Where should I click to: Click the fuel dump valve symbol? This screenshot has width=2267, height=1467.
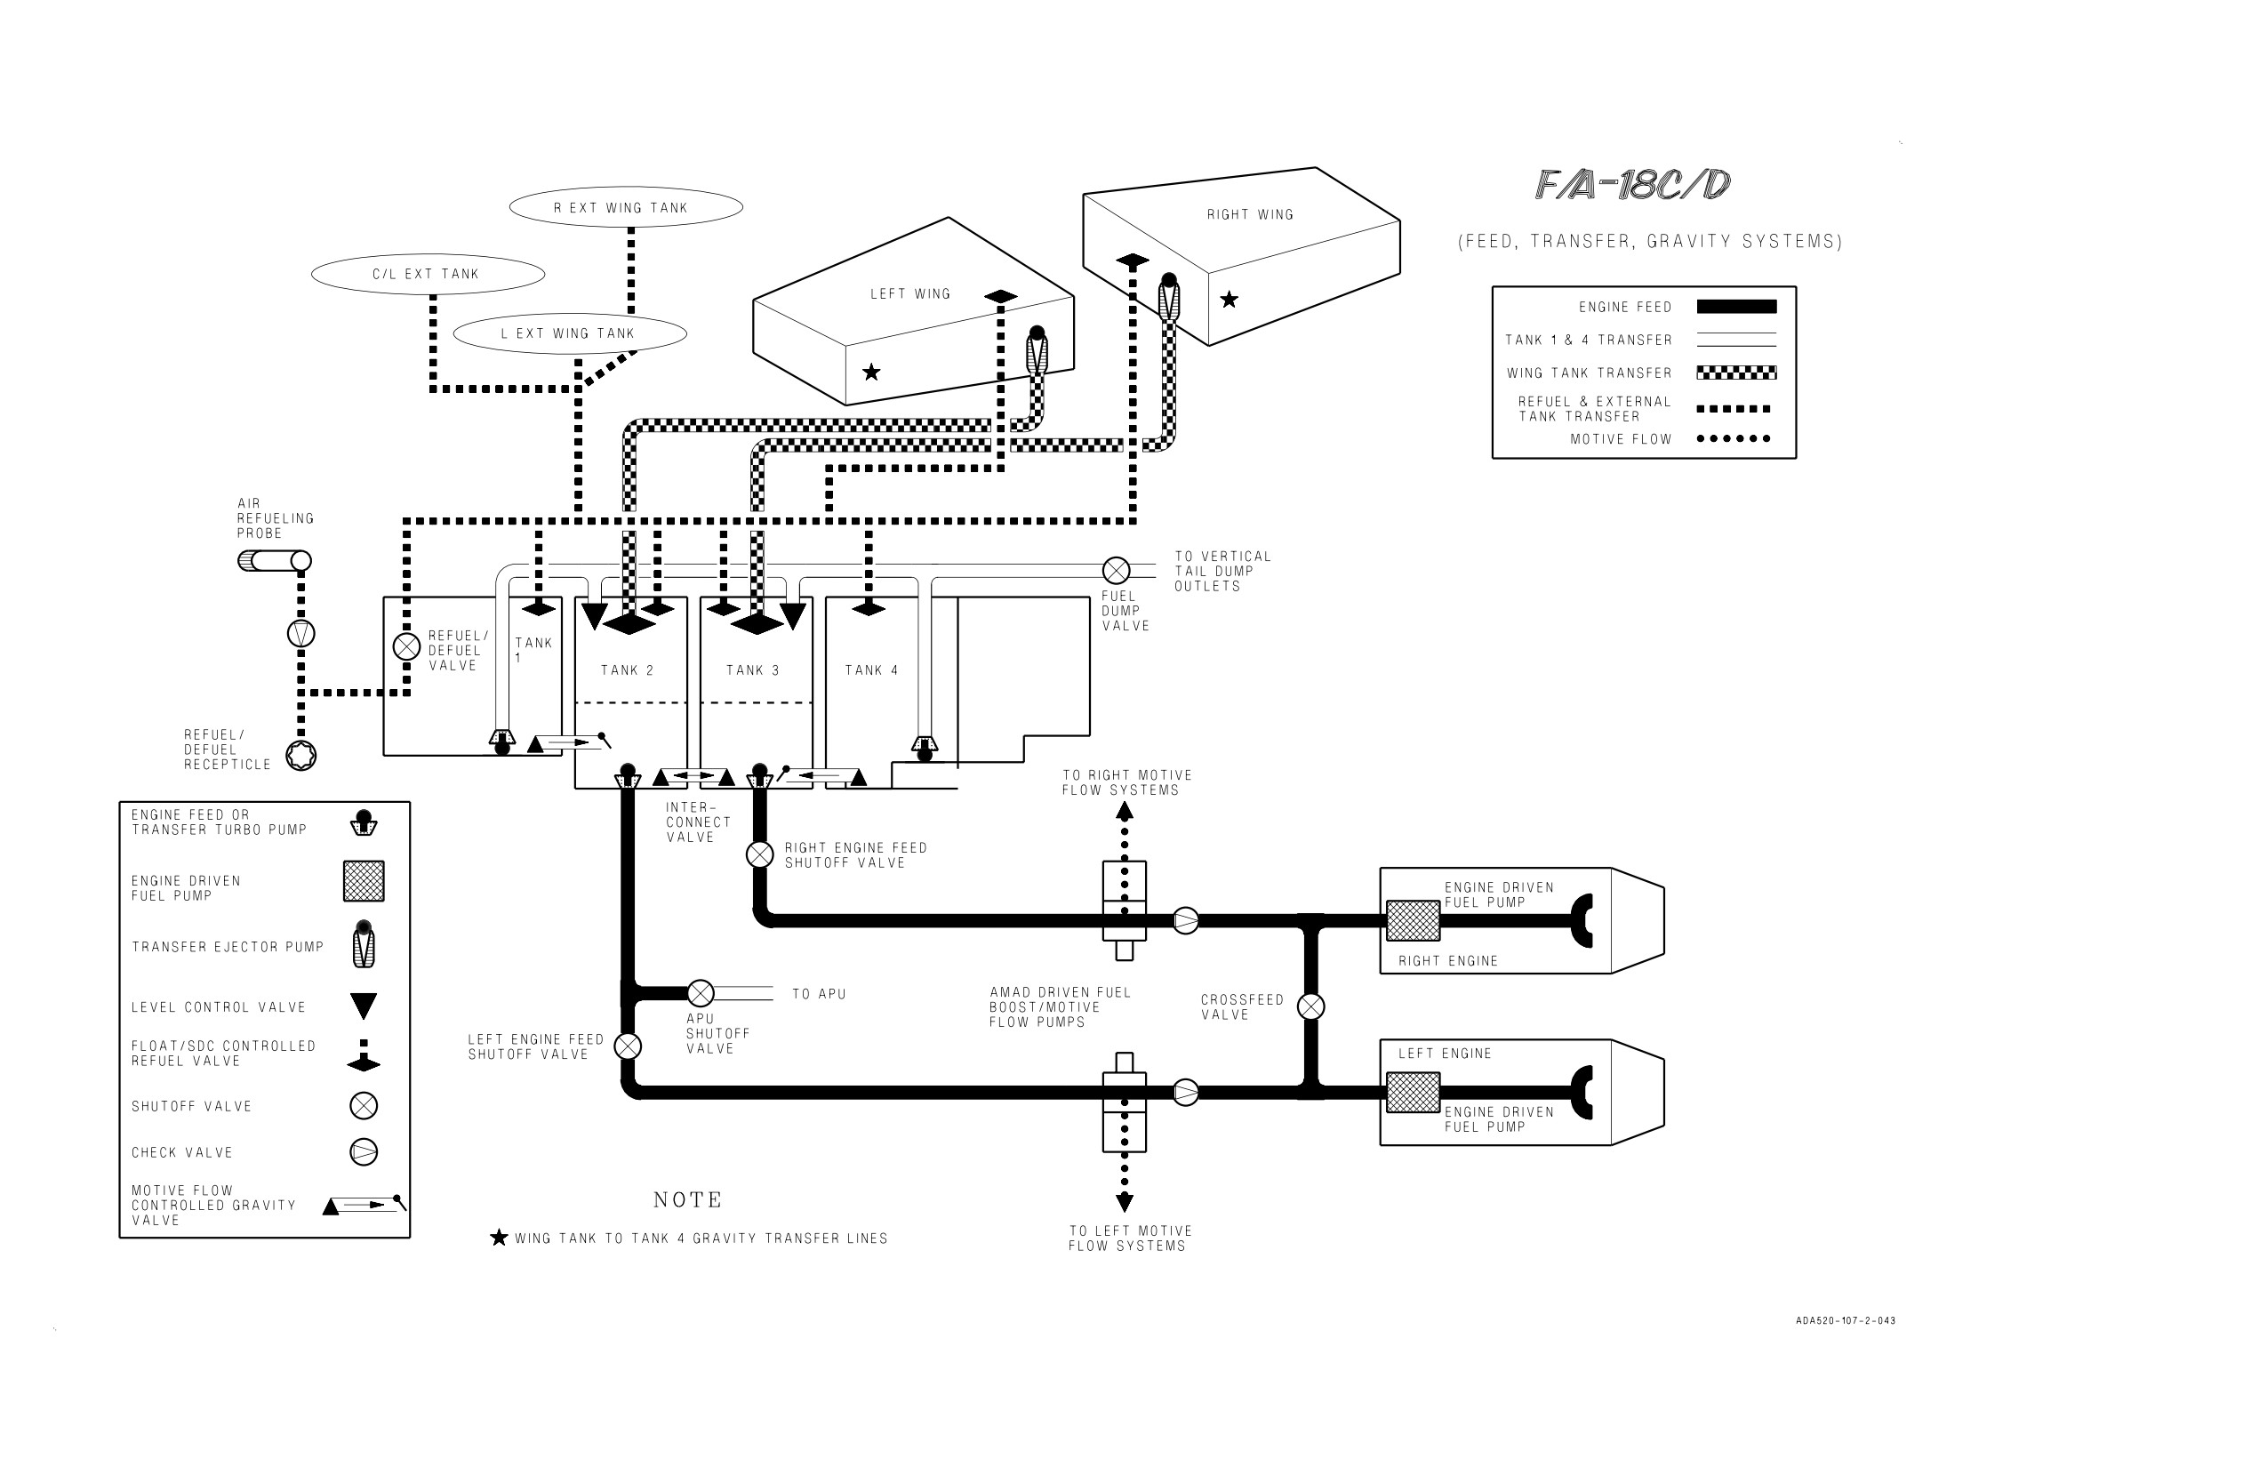click(1116, 571)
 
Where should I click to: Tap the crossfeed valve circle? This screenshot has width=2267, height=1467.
click(1310, 1006)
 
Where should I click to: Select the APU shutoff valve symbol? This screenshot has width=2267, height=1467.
click(701, 994)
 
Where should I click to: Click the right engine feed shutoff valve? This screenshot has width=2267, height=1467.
click(759, 854)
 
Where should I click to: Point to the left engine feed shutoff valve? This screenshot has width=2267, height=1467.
click(628, 1047)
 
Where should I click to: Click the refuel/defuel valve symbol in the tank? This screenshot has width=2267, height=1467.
click(407, 647)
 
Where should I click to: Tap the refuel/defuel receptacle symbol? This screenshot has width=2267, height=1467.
click(301, 756)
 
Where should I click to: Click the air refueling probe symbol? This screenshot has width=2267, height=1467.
click(275, 561)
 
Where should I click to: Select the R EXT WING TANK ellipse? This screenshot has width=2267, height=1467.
click(626, 206)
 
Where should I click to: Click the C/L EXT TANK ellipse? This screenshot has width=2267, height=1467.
click(428, 275)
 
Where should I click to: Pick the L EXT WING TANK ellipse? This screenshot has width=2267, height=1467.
click(570, 333)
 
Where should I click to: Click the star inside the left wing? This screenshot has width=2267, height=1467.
click(871, 373)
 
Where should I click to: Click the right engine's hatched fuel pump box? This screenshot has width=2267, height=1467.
click(1413, 921)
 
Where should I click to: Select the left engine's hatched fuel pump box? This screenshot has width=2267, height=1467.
click(1413, 1093)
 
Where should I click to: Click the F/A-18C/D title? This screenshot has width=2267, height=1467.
click(1632, 185)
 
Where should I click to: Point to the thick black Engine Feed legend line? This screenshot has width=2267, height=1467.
click(1736, 307)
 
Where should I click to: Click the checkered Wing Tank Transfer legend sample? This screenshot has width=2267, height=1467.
click(1736, 373)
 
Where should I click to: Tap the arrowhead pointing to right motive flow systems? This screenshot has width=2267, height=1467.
click(1125, 812)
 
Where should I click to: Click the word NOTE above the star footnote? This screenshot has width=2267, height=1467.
click(688, 1200)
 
